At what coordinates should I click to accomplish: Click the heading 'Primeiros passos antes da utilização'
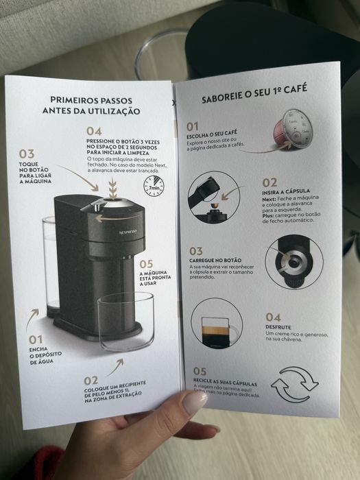91,104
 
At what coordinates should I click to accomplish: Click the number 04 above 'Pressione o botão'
94,131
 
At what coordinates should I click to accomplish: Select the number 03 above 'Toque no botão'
27,154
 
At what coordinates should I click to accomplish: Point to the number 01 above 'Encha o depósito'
36,339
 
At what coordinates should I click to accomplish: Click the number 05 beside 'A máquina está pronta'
147,263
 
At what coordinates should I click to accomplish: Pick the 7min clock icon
156,184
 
